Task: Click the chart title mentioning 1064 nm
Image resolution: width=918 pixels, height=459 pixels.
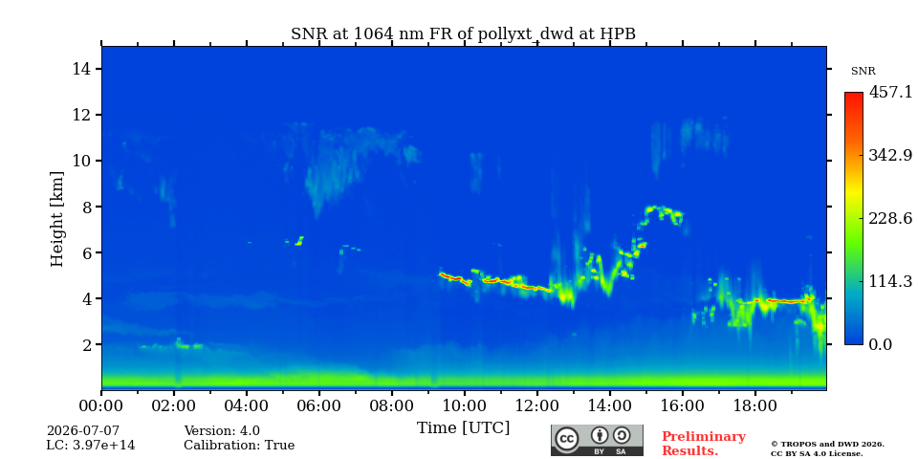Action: [x=463, y=33]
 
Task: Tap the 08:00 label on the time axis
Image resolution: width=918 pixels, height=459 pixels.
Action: [x=391, y=405]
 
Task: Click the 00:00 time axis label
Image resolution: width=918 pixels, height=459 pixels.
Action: [x=101, y=405]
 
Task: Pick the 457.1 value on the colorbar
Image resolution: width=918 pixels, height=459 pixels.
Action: [x=890, y=92]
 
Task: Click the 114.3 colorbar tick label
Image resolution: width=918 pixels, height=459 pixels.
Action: [x=890, y=281]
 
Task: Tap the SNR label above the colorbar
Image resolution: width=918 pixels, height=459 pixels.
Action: [x=863, y=72]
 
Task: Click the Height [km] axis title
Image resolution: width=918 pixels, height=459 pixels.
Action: [x=56, y=219]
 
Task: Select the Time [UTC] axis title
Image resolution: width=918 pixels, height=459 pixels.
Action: [x=463, y=428]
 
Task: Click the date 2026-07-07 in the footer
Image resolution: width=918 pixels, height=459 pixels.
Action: [x=82, y=431]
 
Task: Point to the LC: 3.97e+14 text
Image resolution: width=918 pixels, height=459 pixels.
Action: [x=91, y=446]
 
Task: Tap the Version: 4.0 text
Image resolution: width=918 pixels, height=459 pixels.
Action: [x=222, y=431]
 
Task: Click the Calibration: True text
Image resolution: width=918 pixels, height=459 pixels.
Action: [x=239, y=446]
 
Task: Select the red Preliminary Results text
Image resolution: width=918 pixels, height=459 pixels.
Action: [x=704, y=444]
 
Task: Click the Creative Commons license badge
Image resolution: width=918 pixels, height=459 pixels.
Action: [x=597, y=440]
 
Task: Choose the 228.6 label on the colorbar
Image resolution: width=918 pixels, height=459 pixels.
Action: [x=890, y=218]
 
